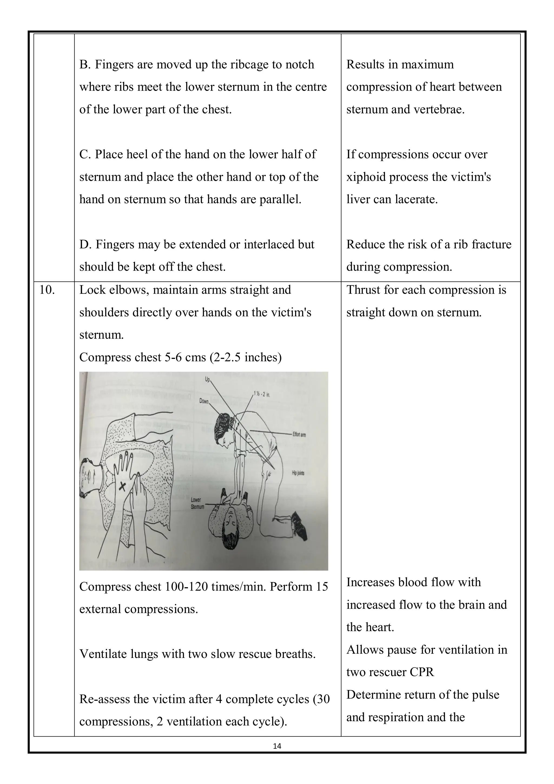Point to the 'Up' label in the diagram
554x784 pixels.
pos(207,379)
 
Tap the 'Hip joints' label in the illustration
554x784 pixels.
pos(298,473)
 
